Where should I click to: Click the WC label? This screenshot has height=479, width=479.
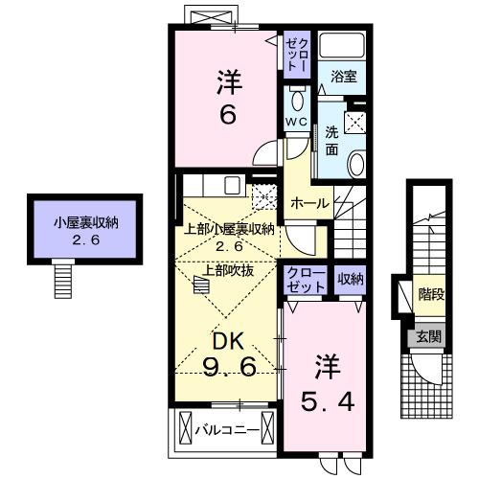[295, 122]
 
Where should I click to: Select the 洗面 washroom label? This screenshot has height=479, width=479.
[331, 140]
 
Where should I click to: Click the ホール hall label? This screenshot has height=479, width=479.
[309, 202]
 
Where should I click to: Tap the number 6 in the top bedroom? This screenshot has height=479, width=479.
[228, 114]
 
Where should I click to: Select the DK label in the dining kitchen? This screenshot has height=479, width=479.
[226, 339]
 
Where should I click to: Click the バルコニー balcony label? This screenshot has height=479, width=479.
[226, 429]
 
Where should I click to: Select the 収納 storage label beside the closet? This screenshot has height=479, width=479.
[350, 279]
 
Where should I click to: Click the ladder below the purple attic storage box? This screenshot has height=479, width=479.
[64, 279]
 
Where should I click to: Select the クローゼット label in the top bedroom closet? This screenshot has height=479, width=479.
[295, 50]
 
